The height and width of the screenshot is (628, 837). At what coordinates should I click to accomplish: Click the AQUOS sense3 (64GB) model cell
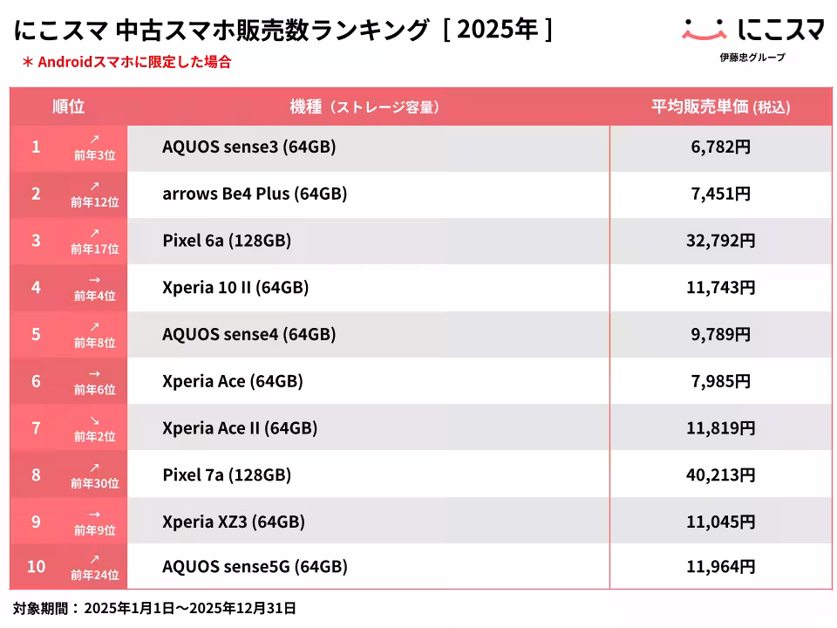tap(248, 147)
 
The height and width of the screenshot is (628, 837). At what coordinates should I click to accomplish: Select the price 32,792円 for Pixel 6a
tap(720, 241)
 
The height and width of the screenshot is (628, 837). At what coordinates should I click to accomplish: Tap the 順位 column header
tap(69, 106)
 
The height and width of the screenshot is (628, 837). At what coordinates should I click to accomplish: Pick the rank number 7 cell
tap(36, 427)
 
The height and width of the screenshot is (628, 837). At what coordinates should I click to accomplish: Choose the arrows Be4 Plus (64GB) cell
tap(255, 194)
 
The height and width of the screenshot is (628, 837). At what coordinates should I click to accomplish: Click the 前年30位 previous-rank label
tap(95, 482)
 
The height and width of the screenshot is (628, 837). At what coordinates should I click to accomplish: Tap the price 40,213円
tap(720, 475)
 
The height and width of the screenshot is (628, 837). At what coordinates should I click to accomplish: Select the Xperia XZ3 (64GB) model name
tap(234, 522)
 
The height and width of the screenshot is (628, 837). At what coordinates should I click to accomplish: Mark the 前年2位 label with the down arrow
tap(95, 435)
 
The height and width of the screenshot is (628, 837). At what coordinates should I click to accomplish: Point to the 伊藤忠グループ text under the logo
tap(752, 58)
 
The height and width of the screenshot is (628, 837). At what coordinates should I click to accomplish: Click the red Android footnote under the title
tap(126, 62)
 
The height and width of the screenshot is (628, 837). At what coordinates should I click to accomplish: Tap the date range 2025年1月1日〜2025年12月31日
tap(190, 608)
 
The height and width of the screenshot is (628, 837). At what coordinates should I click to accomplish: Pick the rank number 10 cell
tap(36, 567)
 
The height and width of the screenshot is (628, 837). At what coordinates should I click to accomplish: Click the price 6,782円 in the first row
tap(720, 147)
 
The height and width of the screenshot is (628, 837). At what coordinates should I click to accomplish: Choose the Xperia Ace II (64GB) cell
tap(240, 428)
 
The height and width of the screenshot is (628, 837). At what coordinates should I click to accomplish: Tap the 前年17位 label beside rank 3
tap(95, 248)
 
